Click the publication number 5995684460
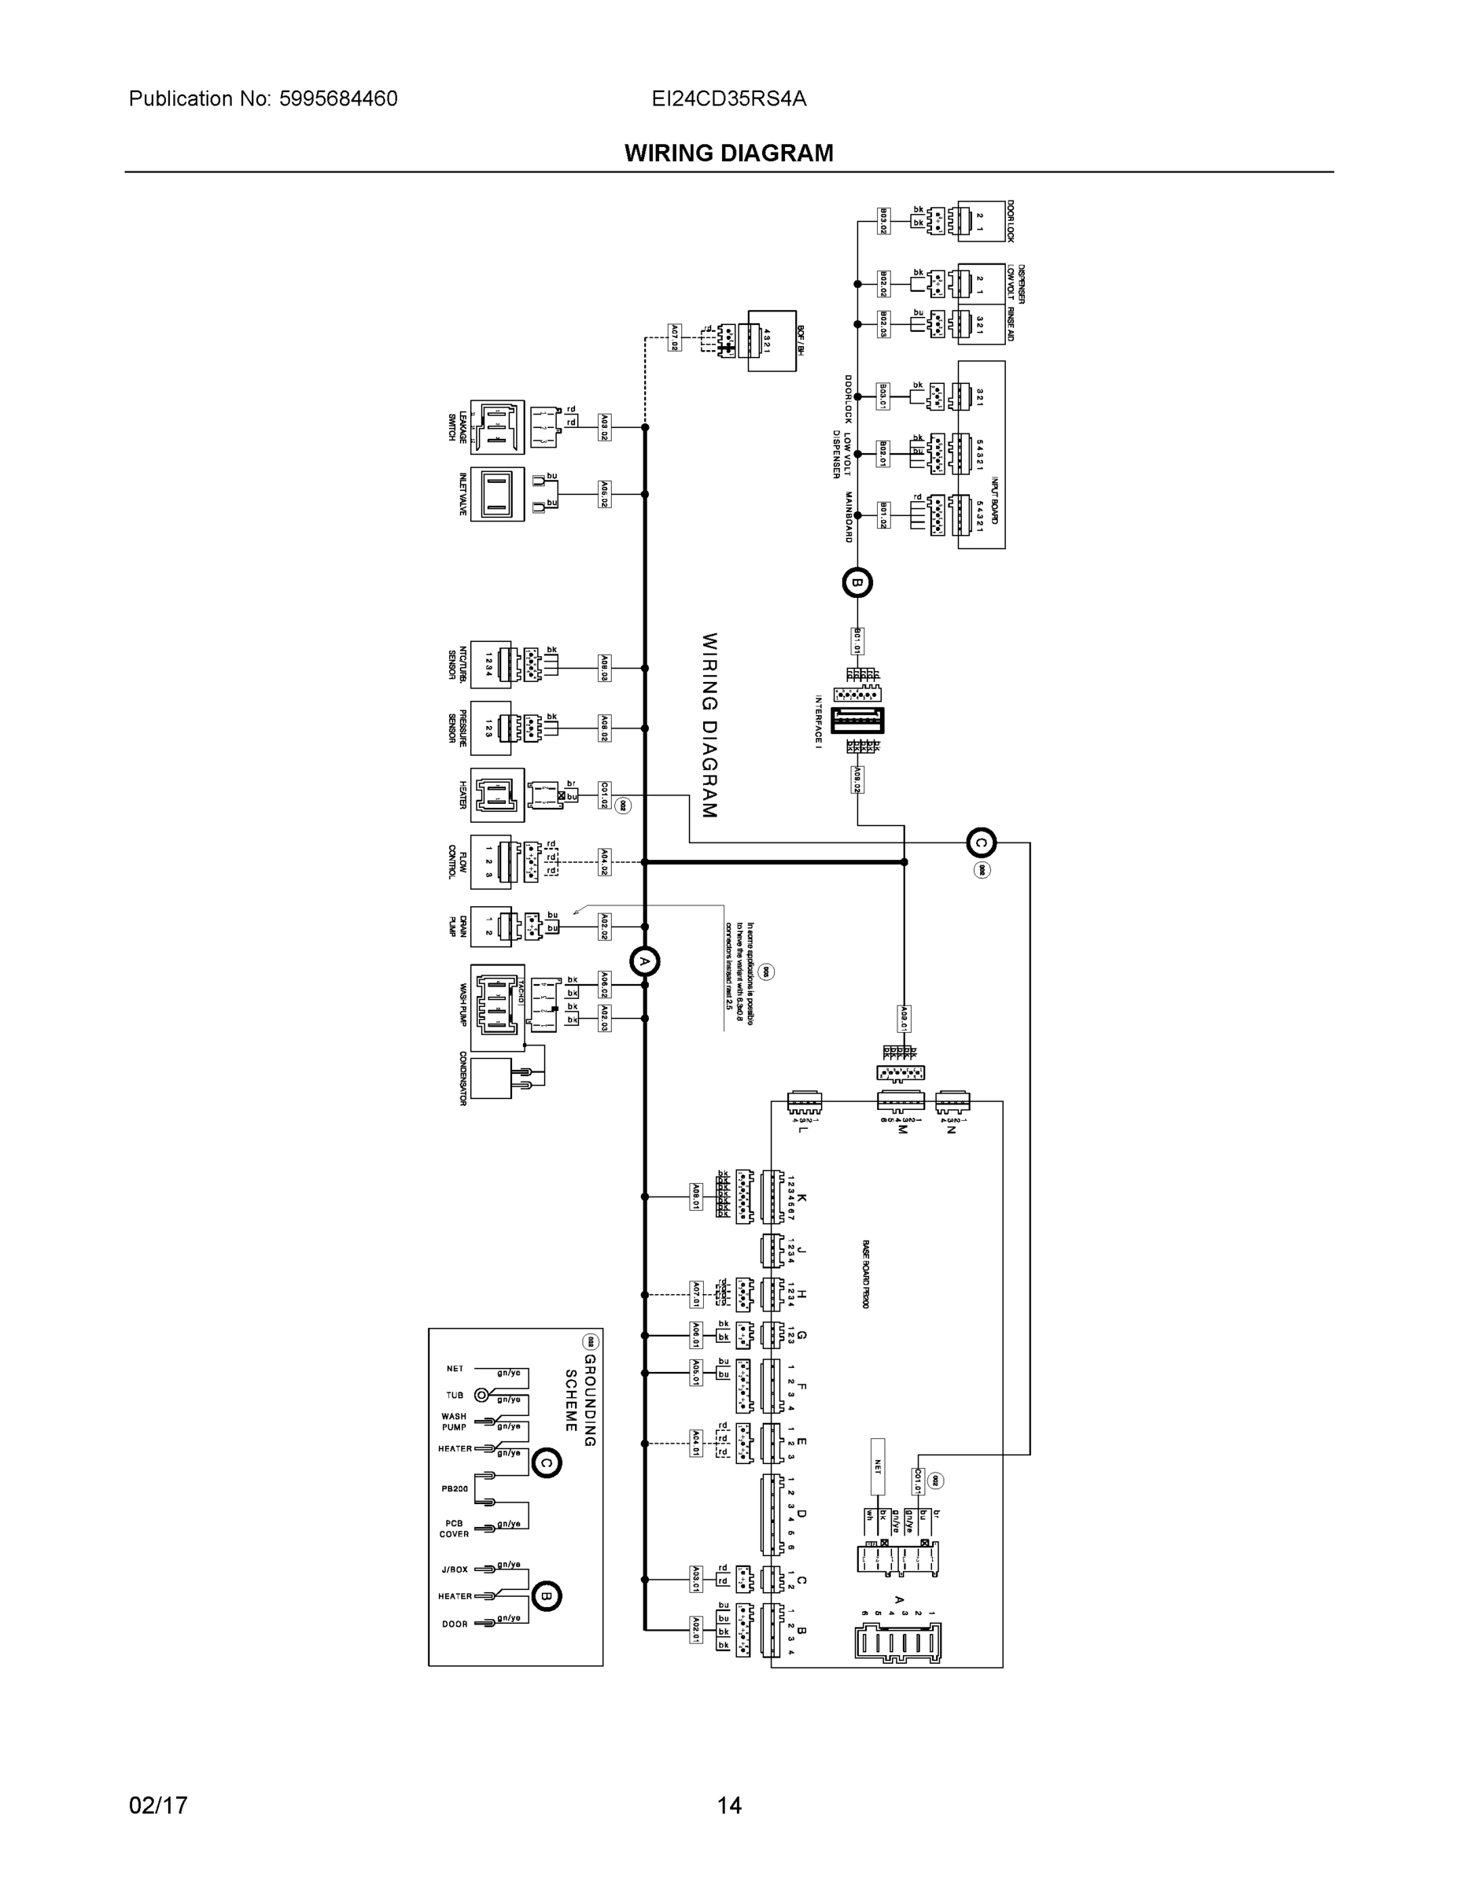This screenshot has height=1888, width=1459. (x=338, y=98)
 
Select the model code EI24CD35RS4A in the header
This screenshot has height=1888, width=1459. (x=728, y=98)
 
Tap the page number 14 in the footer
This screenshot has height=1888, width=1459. (x=728, y=1805)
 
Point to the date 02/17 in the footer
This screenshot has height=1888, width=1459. (x=158, y=1805)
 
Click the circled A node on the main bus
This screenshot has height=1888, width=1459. (x=644, y=961)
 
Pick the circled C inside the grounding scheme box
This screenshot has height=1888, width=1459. (x=547, y=1462)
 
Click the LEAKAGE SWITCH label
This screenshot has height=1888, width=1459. (x=456, y=427)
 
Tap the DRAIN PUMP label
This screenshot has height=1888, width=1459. (x=457, y=926)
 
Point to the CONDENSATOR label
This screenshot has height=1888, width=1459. (x=463, y=1078)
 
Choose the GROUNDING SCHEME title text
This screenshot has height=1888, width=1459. (x=580, y=1399)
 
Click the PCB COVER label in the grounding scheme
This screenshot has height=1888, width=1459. (x=454, y=1528)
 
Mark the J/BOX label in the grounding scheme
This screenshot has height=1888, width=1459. (x=455, y=1569)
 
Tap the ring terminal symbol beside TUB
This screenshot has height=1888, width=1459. (x=482, y=1395)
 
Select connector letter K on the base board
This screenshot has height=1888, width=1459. (x=802, y=1197)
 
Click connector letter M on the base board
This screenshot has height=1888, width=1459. (x=902, y=1129)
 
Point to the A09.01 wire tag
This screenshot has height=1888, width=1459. (x=904, y=1020)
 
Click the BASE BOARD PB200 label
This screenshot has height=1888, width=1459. (x=865, y=1274)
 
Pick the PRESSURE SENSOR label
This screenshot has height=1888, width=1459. (x=457, y=727)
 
